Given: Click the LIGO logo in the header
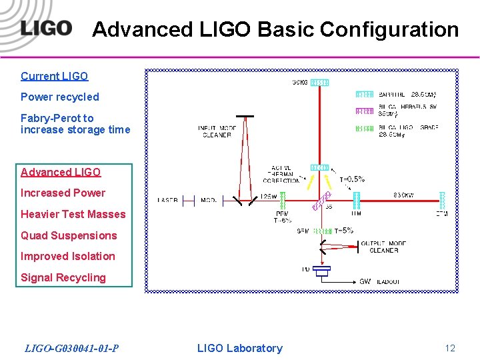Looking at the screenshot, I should click(45, 28).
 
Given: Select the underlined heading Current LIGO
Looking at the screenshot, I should click(55, 76).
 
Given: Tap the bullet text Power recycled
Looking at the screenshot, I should click(60, 97).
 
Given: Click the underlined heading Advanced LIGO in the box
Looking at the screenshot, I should click(61, 172).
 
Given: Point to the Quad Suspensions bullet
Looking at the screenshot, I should click(69, 235).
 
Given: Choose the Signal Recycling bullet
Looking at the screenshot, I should click(63, 277).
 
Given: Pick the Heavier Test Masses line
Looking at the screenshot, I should click(73, 214).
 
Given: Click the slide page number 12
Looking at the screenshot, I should click(450, 348).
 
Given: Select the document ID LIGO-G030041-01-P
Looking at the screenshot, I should click(72, 348).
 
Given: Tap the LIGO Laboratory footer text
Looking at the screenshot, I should click(240, 348).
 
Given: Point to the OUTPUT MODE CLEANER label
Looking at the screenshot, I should click(383, 247).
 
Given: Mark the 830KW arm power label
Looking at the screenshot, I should click(403, 195).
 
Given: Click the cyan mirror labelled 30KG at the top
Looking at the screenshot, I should click(320, 83).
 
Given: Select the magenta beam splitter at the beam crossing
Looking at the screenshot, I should click(321, 199).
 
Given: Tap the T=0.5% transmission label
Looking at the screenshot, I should click(351, 179).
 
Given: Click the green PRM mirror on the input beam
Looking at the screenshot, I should click(283, 199).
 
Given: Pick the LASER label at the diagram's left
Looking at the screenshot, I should click(167, 200).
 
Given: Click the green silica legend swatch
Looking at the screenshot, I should click(365, 128).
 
